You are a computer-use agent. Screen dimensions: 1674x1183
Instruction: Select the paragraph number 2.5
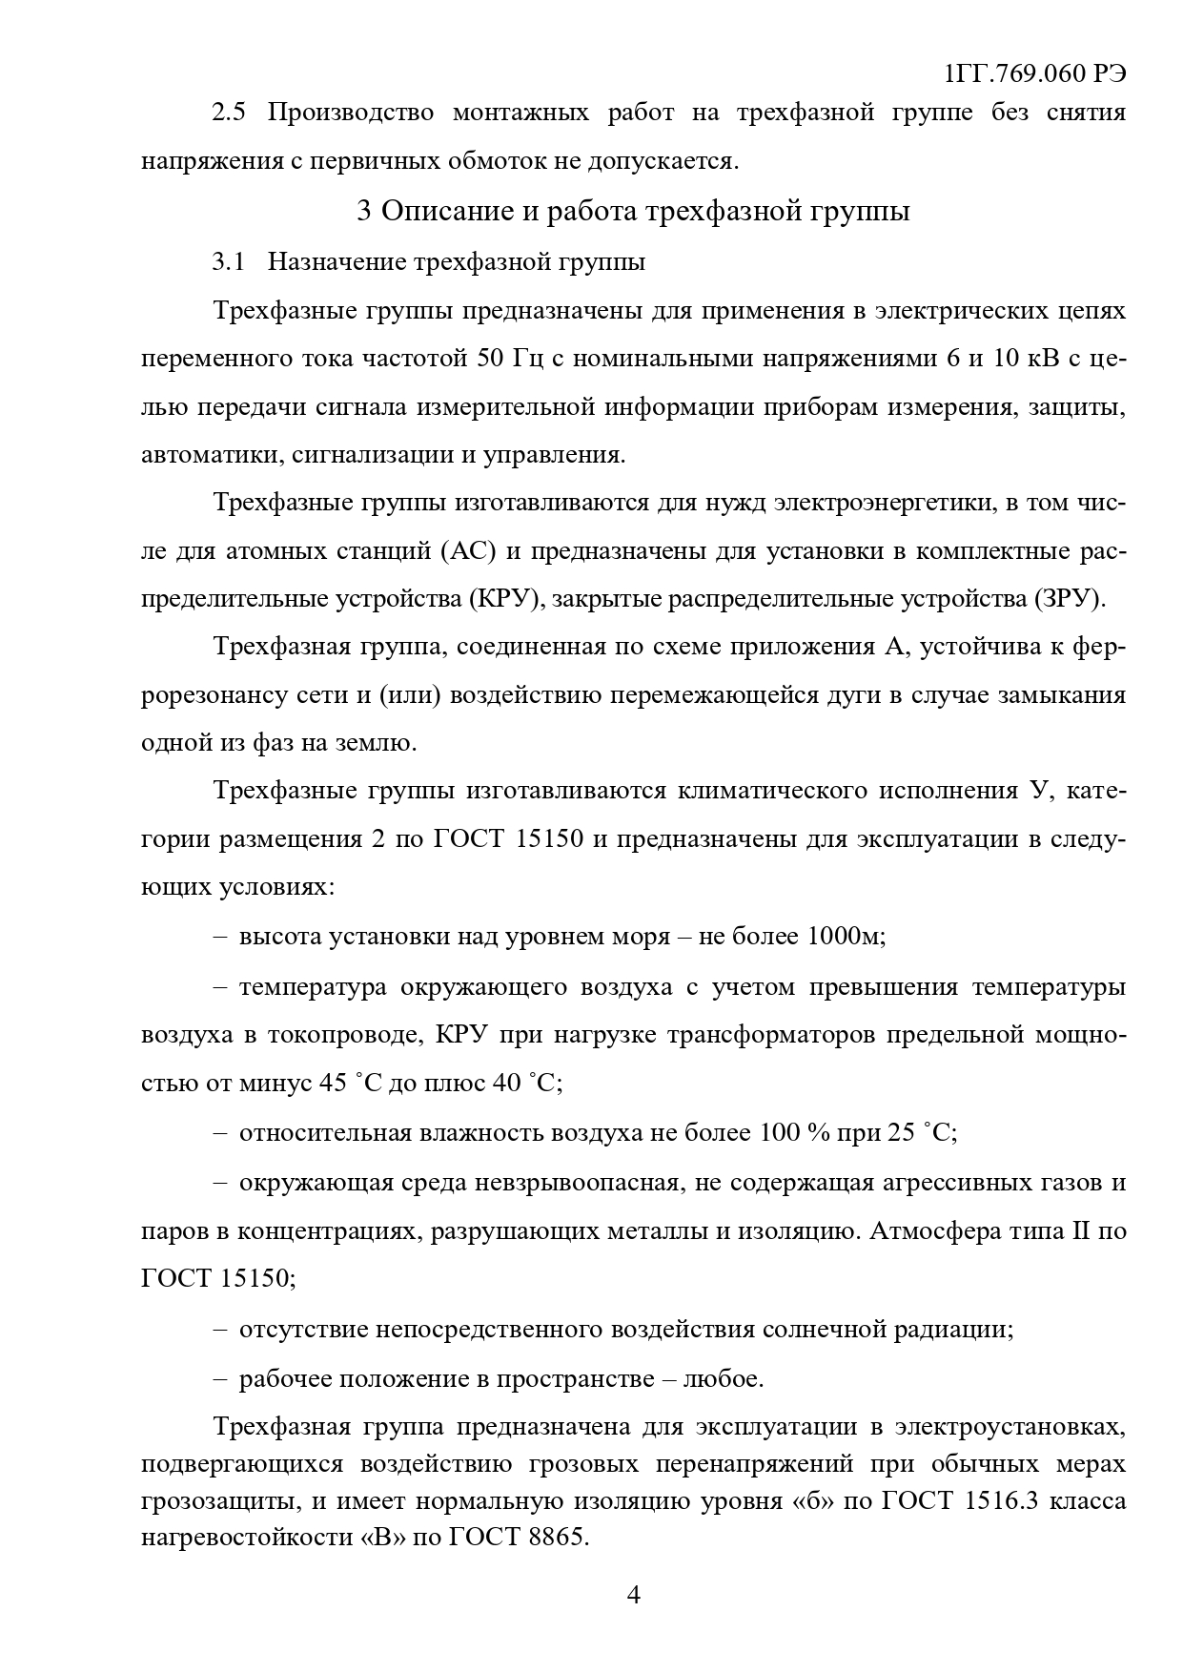(229, 114)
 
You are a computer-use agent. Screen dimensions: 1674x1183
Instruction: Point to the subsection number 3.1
(229, 261)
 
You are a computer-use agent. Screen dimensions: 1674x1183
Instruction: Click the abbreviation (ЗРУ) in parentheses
(1070, 600)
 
